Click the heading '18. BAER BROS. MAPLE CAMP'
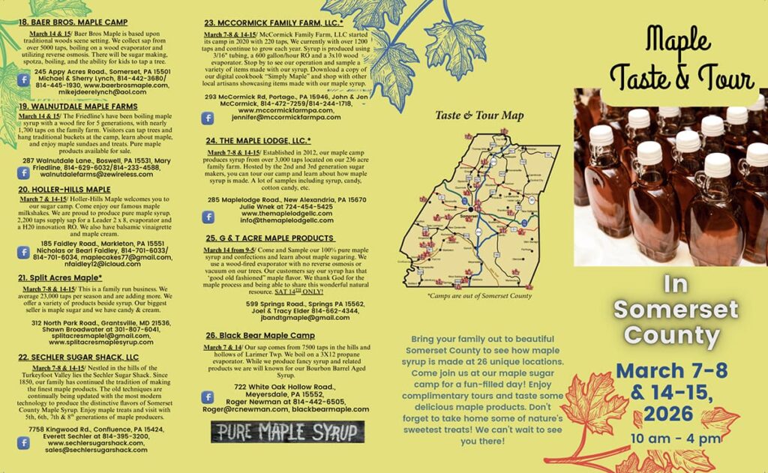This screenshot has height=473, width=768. (x=73, y=22)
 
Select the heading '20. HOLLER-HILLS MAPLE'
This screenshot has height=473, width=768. (x=64, y=190)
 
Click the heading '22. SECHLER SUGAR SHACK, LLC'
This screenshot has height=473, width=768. (x=78, y=358)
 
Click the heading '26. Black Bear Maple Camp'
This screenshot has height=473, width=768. (x=260, y=335)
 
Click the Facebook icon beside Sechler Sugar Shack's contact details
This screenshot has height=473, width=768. (x=23, y=443)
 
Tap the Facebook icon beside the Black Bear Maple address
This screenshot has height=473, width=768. (x=208, y=397)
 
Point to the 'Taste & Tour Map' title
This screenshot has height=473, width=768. (x=479, y=116)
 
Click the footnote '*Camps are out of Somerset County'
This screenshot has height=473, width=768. (x=479, y=296)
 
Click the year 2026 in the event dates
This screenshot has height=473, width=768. (x=668, y=413)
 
